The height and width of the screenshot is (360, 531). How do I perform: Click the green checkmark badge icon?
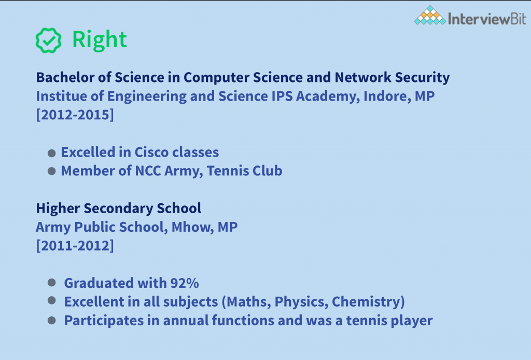pos(48,40)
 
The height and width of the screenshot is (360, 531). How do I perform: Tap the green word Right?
pos(100,40)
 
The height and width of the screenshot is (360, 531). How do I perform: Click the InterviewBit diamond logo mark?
pos(430,16)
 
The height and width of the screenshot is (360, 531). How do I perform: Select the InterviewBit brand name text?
pos(487,19)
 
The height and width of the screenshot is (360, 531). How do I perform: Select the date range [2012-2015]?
pos(75,115)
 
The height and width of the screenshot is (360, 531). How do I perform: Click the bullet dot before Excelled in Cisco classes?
pos(51,153)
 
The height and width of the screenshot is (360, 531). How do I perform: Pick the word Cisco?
pos(151,152)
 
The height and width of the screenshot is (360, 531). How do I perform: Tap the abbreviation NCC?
pos(148,171)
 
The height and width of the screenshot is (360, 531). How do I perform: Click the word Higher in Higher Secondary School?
pos(58,209)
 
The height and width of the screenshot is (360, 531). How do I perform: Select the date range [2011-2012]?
pos(75,245)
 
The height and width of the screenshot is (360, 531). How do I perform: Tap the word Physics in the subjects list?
pos(301,301)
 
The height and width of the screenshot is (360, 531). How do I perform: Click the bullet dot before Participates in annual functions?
pos(51,320)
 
